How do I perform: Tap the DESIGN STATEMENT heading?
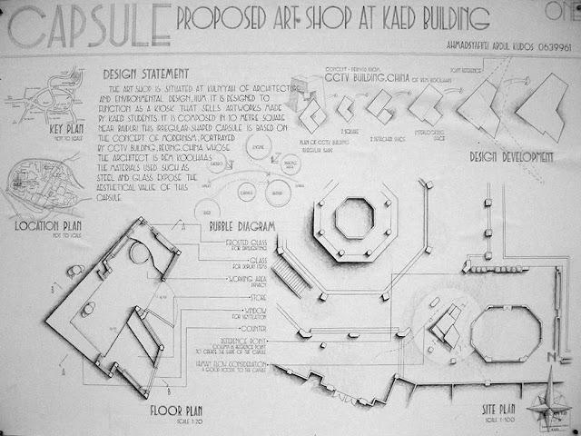(x=147, y=73)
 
